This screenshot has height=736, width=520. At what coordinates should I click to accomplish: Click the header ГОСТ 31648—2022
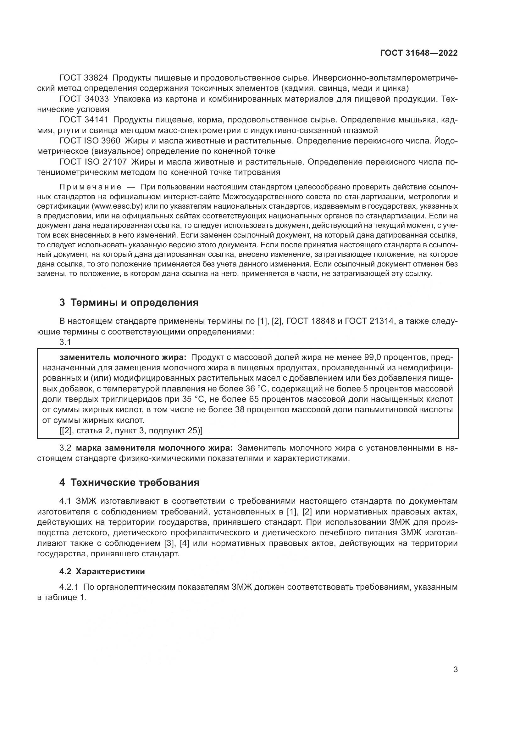click(x=418, y=53)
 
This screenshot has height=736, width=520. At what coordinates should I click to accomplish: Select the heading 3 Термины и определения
click(x=129, y=302)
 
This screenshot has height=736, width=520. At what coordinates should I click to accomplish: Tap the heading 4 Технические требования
click(x=129, y=482)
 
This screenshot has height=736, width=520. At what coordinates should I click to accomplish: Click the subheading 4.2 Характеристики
click(x=102, y=571)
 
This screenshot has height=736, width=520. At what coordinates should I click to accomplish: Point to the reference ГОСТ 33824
click(x=84, y=78)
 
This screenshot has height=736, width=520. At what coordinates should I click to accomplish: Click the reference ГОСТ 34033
click(x=84, y=99)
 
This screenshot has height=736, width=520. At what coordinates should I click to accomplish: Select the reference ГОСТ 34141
click(x=84, y=120)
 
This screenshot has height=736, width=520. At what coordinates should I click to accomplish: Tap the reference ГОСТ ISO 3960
click(x=90, y=141)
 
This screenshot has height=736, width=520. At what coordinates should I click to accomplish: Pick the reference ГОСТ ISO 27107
click(x=93, y=162)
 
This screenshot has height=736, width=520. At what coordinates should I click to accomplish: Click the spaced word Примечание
click(x=90, y=187)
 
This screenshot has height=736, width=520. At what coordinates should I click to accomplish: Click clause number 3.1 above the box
click(x=65, y=342)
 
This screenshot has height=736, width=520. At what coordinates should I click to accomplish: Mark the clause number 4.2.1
click(x=69, y=587)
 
